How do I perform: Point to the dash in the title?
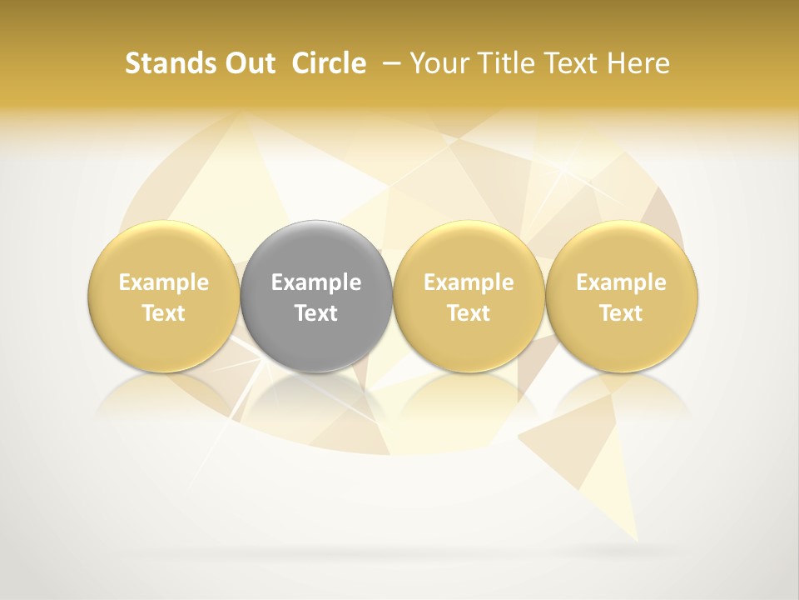click(387, 63)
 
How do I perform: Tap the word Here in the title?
click(639, 63)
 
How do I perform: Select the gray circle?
click(316, 296)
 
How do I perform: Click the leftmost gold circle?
click(164, 296)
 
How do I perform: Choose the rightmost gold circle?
click(621, 296)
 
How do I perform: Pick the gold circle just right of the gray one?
click(469, 296)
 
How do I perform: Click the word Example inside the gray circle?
click(316, 282)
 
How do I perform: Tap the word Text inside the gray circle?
click(316, 313)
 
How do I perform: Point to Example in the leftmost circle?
click(164, 282)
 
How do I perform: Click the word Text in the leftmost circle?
click(164, 313)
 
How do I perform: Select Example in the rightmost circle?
click(621, 282)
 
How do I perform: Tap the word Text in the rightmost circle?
click(621, 313)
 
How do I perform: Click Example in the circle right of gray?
click(469, 282)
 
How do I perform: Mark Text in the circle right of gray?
click(469, 313)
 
